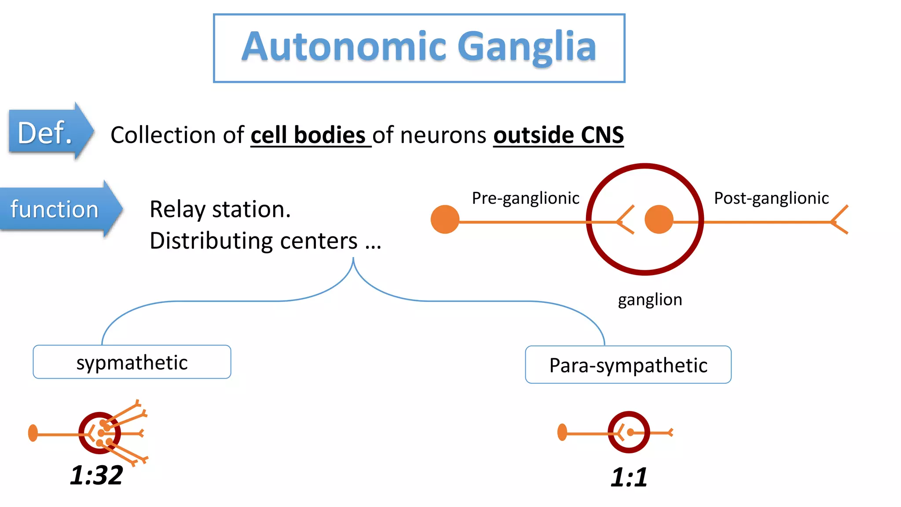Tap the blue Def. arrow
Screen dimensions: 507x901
tap(49, 132)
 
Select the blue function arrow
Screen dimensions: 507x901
tap(57, 209)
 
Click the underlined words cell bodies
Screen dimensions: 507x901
tap(308, 135)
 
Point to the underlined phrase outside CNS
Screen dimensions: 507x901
tap(558, 135)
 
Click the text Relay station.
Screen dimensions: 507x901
tap(220, 209)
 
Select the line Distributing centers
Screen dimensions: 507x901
tap(265, 241)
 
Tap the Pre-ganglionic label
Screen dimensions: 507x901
tap(525, 198)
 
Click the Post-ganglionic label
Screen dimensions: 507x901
tap(771, 198)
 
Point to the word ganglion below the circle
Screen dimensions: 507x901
tap(650, 300)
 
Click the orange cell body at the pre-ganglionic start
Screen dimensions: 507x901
tap(445, 219)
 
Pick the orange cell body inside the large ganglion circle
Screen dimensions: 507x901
tap(659, 219)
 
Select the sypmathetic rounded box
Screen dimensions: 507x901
tap(132, 362)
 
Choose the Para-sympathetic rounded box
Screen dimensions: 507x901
tap(628, 365)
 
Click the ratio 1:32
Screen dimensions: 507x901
tap(96, 475)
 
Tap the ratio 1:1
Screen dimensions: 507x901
tap(629, 477)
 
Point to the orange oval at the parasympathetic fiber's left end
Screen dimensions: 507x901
tap(562, 432)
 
